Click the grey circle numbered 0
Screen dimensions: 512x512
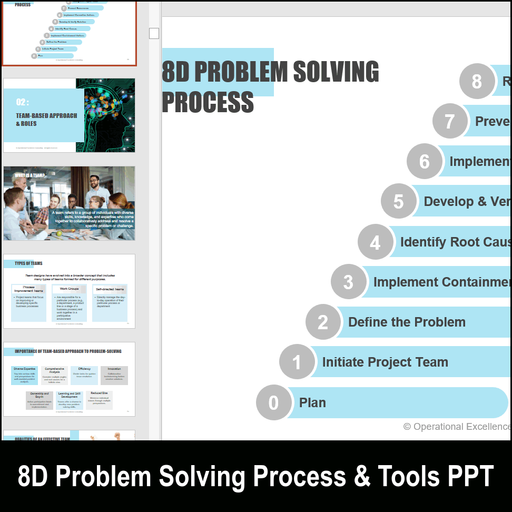(273, 402)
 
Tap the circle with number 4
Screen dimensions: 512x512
(375, 242)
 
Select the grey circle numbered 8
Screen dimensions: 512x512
(477, 82)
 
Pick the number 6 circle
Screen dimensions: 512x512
(425, 161)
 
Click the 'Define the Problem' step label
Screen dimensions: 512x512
(407, 322)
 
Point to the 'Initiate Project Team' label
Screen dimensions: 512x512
(385, 362)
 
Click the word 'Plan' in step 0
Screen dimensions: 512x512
(312, 402)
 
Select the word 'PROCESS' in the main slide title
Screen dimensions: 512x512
(208, 102)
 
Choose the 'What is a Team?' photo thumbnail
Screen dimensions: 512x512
(69, 203)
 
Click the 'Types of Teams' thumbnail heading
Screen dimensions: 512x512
(28, 263)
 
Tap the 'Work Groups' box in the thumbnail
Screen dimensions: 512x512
(69, 289)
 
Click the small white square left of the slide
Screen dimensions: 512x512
(154, 34)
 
